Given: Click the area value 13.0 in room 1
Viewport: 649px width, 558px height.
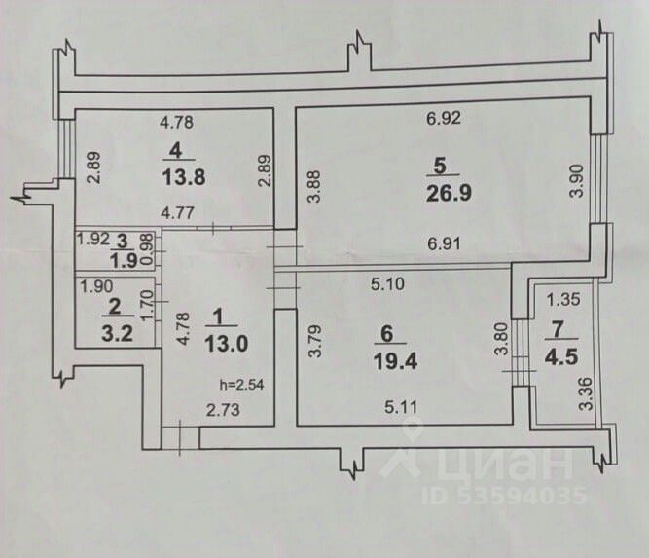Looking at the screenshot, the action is point(226,344).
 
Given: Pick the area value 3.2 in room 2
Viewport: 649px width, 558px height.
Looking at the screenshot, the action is point(119,328).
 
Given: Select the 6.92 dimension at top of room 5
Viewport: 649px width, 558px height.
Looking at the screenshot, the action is point(443,122).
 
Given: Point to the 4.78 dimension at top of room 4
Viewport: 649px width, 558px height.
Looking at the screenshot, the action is point(177,123).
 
